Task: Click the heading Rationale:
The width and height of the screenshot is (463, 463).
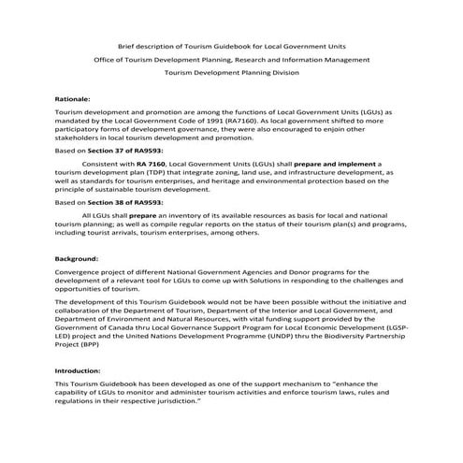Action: coord(74,97)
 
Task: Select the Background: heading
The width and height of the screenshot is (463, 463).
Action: coord(78,257)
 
